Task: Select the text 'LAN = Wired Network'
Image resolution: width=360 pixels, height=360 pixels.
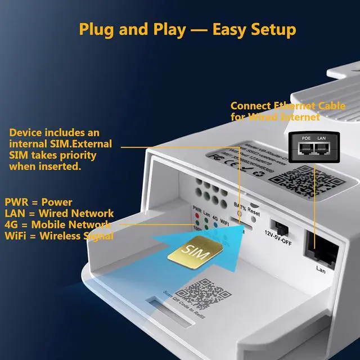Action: (x=59, y=214)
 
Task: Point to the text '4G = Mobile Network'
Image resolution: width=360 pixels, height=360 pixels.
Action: (x=58, y=225)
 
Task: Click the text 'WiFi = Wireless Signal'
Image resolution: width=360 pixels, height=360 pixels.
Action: (x=59, y=236)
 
